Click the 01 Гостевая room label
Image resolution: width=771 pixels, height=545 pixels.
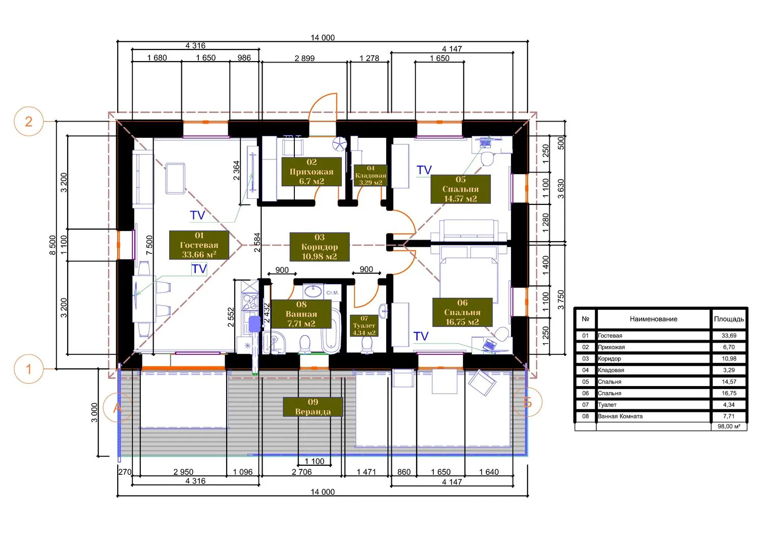(199, 245)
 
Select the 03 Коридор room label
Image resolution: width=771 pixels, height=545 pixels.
(320, 247)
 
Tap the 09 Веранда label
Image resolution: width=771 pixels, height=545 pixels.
(313, 407)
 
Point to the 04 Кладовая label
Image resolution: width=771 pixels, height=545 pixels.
(371, 175)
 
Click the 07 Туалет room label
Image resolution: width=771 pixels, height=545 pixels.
(364, 325)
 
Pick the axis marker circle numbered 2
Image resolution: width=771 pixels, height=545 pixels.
(29, 122)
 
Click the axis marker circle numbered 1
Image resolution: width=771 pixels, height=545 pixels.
(29, 369)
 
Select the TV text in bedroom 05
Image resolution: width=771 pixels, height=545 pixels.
(424, 170)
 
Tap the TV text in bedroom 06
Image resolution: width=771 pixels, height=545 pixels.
(421, 336)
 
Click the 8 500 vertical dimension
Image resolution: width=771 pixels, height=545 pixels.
(53, 245)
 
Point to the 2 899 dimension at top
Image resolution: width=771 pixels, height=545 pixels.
(304, 58)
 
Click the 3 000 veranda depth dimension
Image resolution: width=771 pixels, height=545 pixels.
(94, 413)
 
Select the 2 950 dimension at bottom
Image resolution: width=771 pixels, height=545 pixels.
(183, 472)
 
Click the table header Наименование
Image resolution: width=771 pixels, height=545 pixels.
(653, 319)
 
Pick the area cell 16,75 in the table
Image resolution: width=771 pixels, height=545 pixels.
(729, 393)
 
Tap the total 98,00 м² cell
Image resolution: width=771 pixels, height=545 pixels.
(729, 426)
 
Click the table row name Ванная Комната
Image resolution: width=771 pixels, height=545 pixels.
(620, 416)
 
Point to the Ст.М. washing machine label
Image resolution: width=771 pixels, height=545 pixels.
(333, 293)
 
